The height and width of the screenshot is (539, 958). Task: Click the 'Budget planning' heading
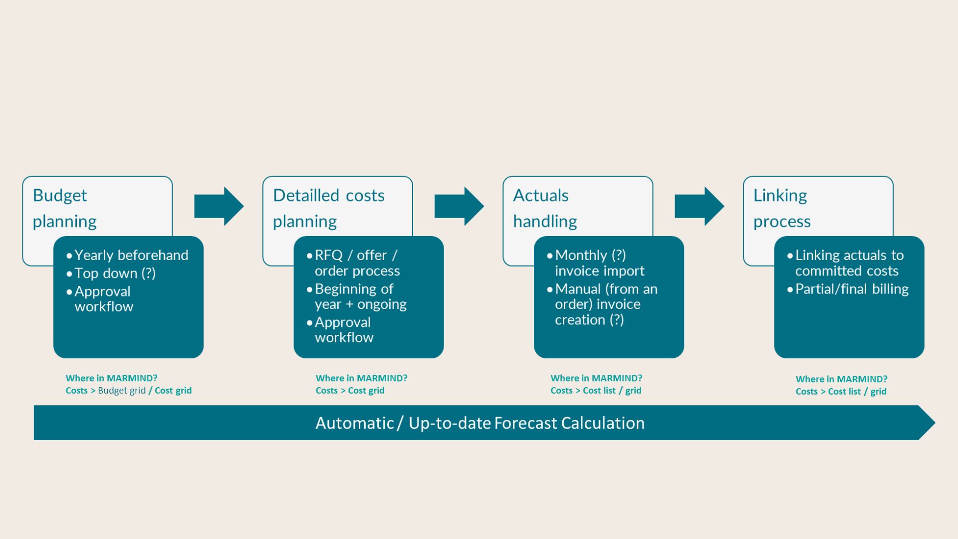64,208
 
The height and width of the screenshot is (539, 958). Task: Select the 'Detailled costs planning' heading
328,208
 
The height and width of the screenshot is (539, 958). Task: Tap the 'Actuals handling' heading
545,208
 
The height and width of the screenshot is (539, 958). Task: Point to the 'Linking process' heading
781,208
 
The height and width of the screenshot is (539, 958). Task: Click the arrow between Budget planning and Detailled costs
219,206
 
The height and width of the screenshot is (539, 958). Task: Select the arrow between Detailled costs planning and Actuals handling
459,206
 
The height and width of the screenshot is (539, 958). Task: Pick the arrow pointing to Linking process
699,206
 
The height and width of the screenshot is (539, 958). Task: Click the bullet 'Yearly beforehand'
131,255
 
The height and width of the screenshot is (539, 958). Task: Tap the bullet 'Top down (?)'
115,273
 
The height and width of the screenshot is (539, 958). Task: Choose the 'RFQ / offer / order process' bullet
356,263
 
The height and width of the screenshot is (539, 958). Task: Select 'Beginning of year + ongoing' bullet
360,296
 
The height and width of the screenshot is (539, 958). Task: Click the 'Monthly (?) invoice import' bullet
599,263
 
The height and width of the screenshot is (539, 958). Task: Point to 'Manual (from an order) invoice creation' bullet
605,304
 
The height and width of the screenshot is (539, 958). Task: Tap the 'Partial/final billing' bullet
851,289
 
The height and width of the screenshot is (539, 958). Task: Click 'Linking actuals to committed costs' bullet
849,263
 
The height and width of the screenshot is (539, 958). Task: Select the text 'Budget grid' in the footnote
122,391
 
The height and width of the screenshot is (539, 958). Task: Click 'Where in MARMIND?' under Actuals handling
596,378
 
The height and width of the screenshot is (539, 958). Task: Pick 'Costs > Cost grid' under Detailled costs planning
350,391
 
